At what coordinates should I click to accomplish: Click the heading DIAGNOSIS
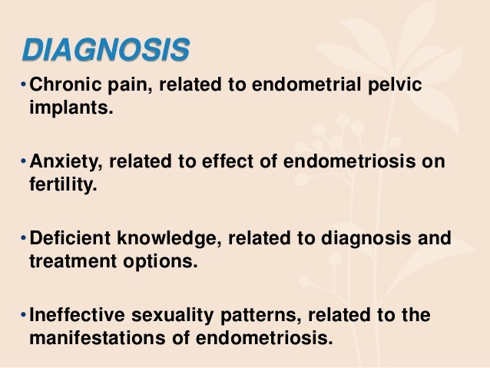(x=105, y=51)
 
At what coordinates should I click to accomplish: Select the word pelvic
(x=396, y=86)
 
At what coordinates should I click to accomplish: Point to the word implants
(x=70, y=108)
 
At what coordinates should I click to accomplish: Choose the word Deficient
(x=65, y=239)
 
